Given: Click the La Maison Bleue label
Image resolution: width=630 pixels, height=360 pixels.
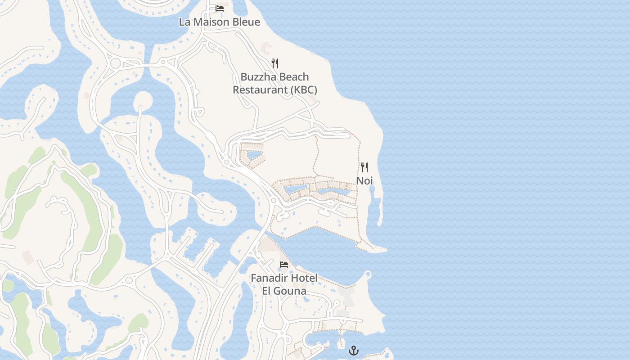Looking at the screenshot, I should tap(219, 22).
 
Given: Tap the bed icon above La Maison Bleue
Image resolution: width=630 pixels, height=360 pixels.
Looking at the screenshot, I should tap(220, 8).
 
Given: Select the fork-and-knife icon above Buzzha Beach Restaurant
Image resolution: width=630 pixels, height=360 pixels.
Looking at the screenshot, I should tap(275, 63).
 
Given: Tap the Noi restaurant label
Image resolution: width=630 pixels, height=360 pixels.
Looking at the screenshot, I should tap(364, 180).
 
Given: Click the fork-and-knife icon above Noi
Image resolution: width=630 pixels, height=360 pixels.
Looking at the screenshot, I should tap(364, 167).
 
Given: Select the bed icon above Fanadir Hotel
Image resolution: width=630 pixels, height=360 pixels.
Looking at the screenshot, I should tap(284, 264).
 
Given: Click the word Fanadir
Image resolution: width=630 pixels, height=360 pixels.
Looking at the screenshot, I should tap(269, 278).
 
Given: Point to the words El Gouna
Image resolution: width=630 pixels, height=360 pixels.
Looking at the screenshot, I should tap(284, 291).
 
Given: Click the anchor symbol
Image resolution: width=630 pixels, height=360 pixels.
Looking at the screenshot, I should tap(354, 350).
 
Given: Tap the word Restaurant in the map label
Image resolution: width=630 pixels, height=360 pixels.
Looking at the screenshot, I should tap(260, 90).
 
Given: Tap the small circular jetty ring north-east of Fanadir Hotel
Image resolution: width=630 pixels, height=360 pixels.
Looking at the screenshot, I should tap(368, 274).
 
